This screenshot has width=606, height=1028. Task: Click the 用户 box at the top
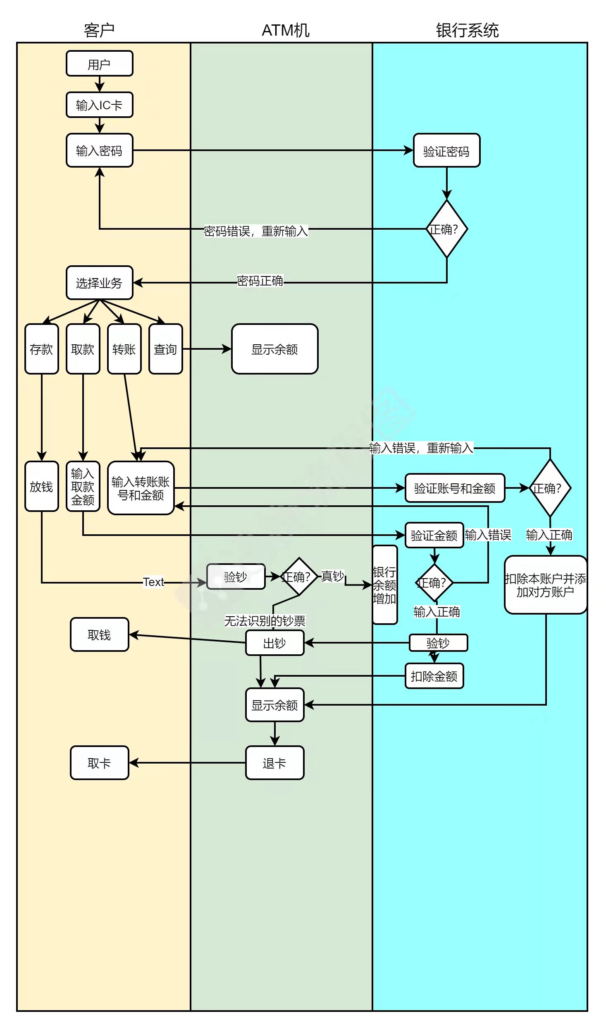pyautogui.click(x=99, y=64)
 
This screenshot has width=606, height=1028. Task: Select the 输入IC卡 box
pyautogui.click(x=99, y=105)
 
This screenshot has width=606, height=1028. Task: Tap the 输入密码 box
pyautogui.click(x=99, y=151)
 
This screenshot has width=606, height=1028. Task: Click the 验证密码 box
pyautogui.click(x=446, y=151)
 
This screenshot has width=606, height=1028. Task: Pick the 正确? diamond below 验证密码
pyautogui.click(x=446, y=229)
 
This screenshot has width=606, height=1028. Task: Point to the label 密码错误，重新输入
pyautogui.click(x=255, y=231)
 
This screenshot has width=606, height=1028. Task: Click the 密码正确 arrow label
pyautogui.click(x=260, y=281)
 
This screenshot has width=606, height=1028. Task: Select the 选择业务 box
pyautogui.click(x=99, y=283)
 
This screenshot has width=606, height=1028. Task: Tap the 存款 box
pyautogui.click(x=41, y=349)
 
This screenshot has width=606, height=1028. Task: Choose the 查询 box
pyautogui.click(x=165, y=349)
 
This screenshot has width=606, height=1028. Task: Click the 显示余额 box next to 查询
pyautogui.click(x=274, y=349)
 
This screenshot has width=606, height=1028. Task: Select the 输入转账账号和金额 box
pyautogui.click(x=141, y=488)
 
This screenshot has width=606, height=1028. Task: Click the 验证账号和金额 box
pyautogui.click(x=455, y=488)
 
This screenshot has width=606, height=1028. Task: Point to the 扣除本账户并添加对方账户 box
pyautogui.click(x=546, y=585)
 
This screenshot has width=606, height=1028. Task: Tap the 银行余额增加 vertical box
pyautogui.click(x=384, y=585)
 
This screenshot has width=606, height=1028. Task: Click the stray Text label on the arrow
pyautogui.click(x=153, y=582)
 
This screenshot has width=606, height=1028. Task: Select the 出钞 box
pyautogui.click(x=274, y=643)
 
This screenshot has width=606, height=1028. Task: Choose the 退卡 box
pyautogui.click(x=274, y=763)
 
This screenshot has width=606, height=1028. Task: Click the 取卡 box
pyautogui.click(x=99, y=763)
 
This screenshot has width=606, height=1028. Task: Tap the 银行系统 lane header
pyautogui.click(x=467, y=30)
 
